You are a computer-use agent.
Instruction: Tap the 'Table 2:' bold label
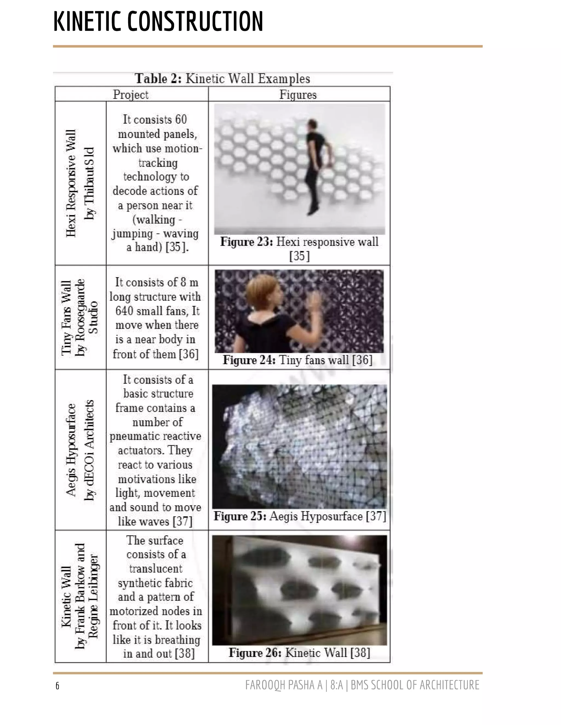click(x=158, y=79)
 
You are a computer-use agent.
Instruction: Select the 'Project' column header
click(x=131, y=95)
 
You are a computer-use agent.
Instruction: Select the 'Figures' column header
click(x=298, y=95)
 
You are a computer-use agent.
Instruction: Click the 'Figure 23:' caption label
click(x=246, y=242)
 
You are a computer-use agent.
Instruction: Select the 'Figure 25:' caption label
click(x=240, y=516)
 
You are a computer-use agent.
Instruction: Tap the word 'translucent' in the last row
click(x=156, y=569)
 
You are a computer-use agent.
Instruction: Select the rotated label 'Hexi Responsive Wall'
click(x=71, y=183)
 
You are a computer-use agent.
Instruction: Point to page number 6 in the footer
click(x=58, y=686)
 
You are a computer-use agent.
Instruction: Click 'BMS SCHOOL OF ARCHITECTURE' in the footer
click(x=415, y=685)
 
